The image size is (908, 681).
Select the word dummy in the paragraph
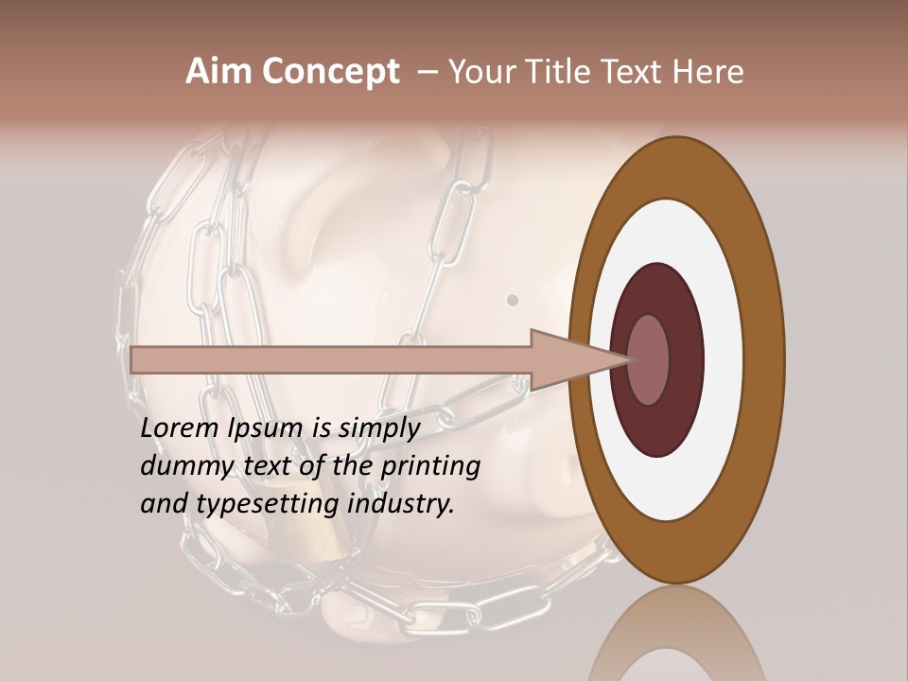point(181,466)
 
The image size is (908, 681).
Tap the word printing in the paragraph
point(430,466)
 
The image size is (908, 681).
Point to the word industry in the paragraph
point(401,504)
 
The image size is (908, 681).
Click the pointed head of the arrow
point(586,359)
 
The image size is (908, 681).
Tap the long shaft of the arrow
point(331,359)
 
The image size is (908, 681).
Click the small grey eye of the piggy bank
point(513,300)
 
